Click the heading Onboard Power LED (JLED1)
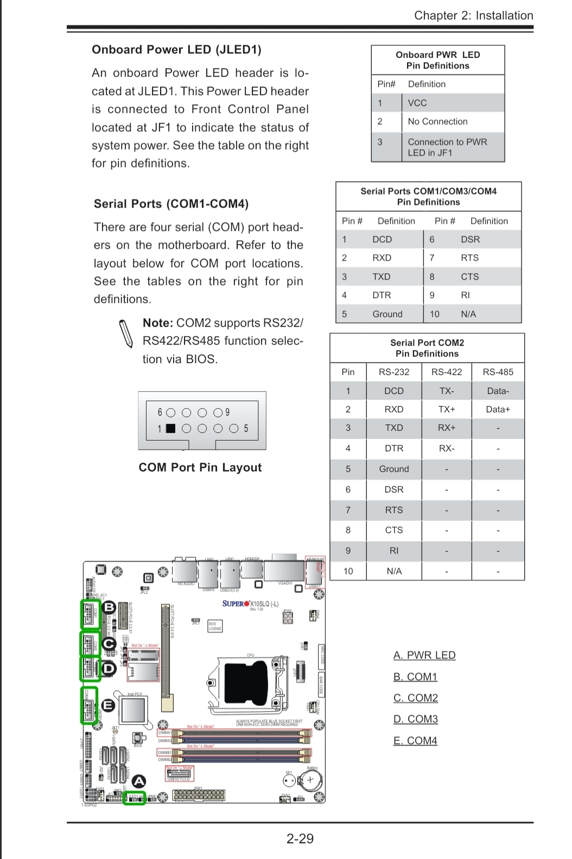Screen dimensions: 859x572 tap(176, 50)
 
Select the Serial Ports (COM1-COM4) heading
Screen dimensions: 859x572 tap(171, 204)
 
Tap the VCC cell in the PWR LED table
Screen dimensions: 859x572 tap(417, 103)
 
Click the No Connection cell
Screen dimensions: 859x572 tap(437, 121)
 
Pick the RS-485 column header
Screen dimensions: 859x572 tap(498, 372)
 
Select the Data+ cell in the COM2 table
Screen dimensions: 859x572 tap(498, 409)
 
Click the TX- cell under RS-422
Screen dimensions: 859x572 tap(446, 391)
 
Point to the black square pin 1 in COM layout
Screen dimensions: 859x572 tap(170, 428)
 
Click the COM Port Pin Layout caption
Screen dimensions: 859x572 tap(200, 468)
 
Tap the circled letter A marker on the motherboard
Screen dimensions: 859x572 tap(139, 781)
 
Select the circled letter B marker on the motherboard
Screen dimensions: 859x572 tap(109, 607)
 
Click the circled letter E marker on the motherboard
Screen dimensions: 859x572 tap(108, 705)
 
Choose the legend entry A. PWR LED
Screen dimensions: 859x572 tap(424, 655)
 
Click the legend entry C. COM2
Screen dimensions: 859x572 tap(416, 698)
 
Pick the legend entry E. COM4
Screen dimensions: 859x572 tap(415, 741)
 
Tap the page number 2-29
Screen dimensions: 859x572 tap(300, 838)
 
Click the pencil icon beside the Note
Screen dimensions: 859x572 tap(126, 332)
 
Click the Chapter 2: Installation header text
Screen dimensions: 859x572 tap(473, 15)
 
